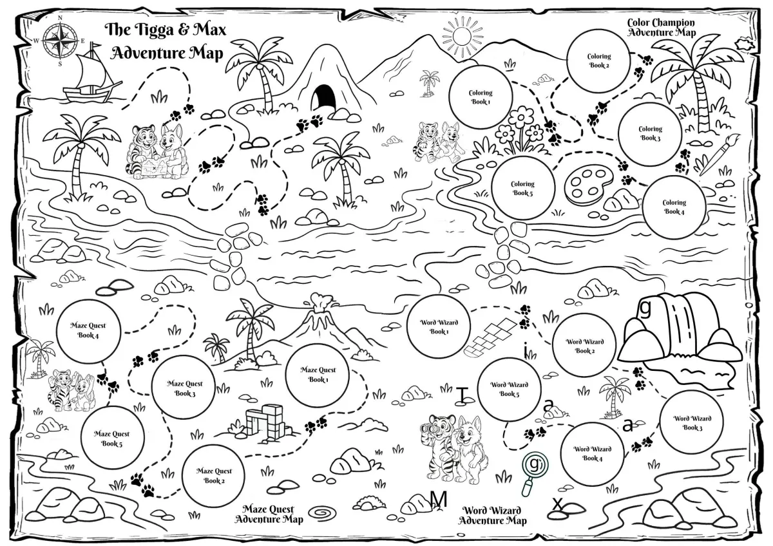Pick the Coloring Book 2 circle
(x=598, y=61)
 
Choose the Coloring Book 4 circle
(x=674, y=207)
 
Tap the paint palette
(x=587, y=185)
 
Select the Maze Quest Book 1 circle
(x=318, y=375)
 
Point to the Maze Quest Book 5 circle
(x=111, y=438)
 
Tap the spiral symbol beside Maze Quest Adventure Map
(x=322, y=513)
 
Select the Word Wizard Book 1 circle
(x=439, y=327)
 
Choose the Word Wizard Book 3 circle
(x=692, y=423)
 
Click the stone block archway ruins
(x=267, y=422)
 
